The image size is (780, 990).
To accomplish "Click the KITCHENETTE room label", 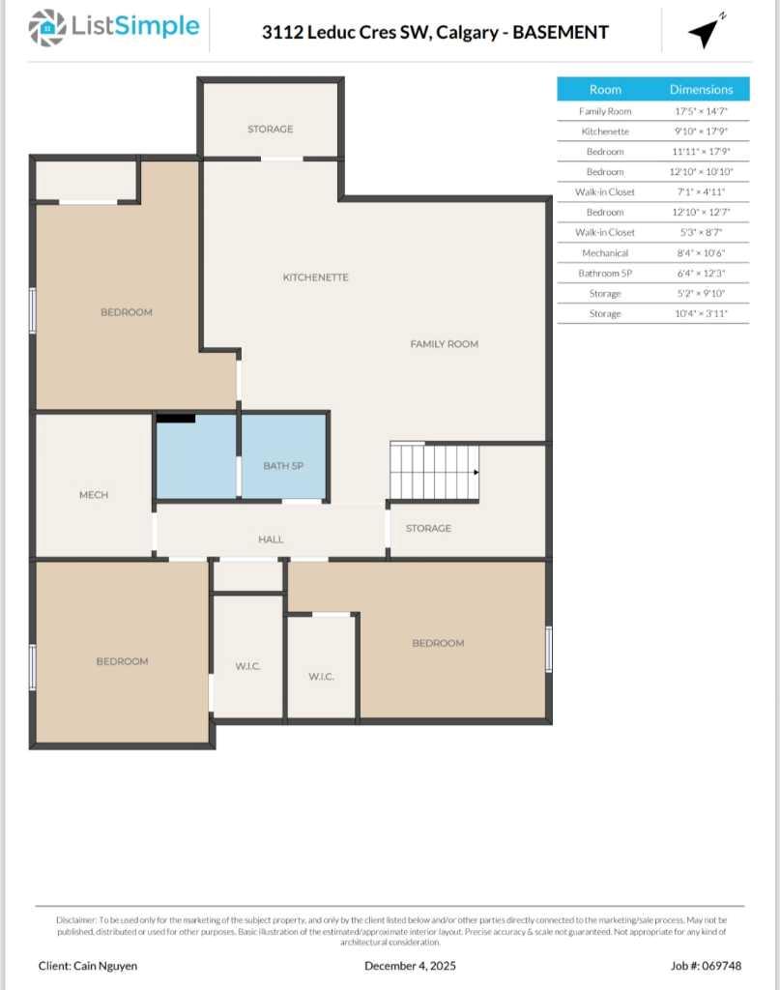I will pos(315,277).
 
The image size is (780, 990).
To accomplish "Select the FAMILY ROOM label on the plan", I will pos(444,344).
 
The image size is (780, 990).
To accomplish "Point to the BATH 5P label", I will pos(283,466).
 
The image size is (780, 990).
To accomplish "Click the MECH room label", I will pos(94,495).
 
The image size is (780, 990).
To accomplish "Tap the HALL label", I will pos(271,539).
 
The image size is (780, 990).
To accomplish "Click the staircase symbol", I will pos(434,472).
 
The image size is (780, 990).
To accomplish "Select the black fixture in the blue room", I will pos(176,419).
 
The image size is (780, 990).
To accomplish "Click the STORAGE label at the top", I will pos(270,129).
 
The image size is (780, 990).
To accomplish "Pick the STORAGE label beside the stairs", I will pos(428,529).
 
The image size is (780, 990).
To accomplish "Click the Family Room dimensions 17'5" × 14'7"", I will pos(702,111).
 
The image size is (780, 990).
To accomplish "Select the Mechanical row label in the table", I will pos(605,253).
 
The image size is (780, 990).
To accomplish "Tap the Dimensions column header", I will pos(701,89).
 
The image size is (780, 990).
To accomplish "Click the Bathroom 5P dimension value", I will pos(702,274).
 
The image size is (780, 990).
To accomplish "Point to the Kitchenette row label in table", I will pos(605,131).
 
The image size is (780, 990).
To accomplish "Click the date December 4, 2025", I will pos(410,966).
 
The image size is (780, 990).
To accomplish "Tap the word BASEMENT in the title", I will pos(561,32).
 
